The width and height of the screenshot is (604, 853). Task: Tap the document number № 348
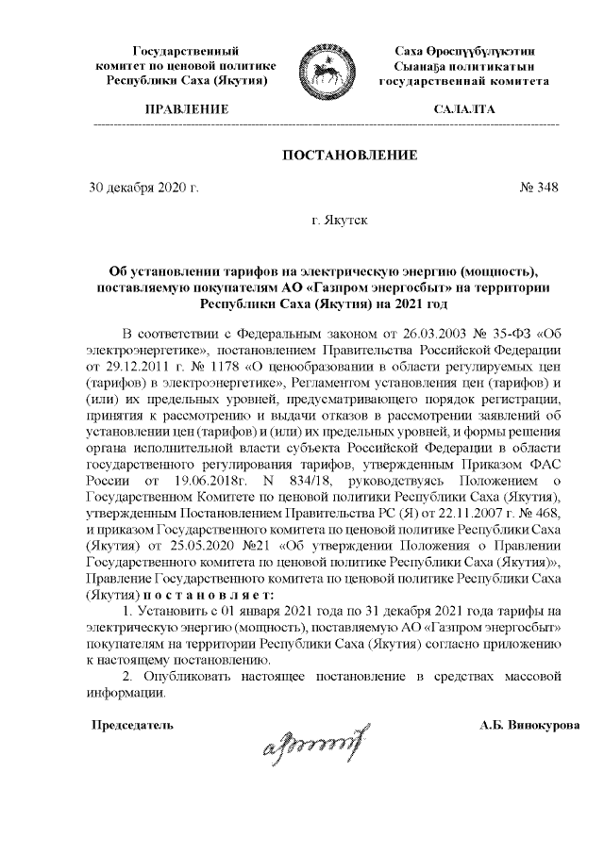coord(539,188)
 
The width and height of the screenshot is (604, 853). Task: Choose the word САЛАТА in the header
coord(463,110)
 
